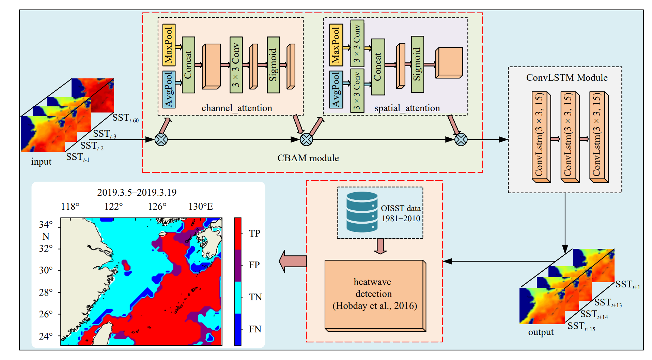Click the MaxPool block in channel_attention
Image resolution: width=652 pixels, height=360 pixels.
point(169,45)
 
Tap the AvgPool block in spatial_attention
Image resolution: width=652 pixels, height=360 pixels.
point(336,89)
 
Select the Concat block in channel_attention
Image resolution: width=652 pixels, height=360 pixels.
point(188,65)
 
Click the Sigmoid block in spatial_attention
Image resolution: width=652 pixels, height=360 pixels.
point(417,64)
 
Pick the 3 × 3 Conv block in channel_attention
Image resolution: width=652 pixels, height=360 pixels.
point(236,65)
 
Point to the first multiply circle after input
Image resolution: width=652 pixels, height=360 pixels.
point(161,139)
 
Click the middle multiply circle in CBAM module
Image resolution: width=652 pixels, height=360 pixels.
point(306,139)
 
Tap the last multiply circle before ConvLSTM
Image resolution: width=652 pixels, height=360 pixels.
point(461,139)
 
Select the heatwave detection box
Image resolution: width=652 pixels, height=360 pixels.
point(375,295)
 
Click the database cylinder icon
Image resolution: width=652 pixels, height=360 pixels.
point(362,212)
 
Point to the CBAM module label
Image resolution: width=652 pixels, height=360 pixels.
point(308,158)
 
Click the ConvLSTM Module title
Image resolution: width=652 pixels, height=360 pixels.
point(566,78)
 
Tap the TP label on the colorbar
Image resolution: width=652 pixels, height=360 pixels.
point(254,234)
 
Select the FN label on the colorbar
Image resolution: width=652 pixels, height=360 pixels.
point(255,329)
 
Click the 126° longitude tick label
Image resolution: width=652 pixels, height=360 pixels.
point(157,207)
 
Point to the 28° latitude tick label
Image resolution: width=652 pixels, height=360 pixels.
point(46,292)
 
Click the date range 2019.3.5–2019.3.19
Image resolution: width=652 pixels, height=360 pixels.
point(137,193)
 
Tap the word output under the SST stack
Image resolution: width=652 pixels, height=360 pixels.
point(541,332)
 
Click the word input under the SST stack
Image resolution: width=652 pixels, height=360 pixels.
point(41,162)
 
